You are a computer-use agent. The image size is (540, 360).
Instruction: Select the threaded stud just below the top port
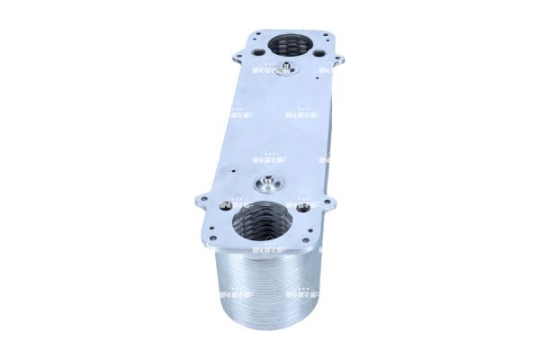(287, 69)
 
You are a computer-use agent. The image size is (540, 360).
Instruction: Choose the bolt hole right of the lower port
(303, 208)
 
